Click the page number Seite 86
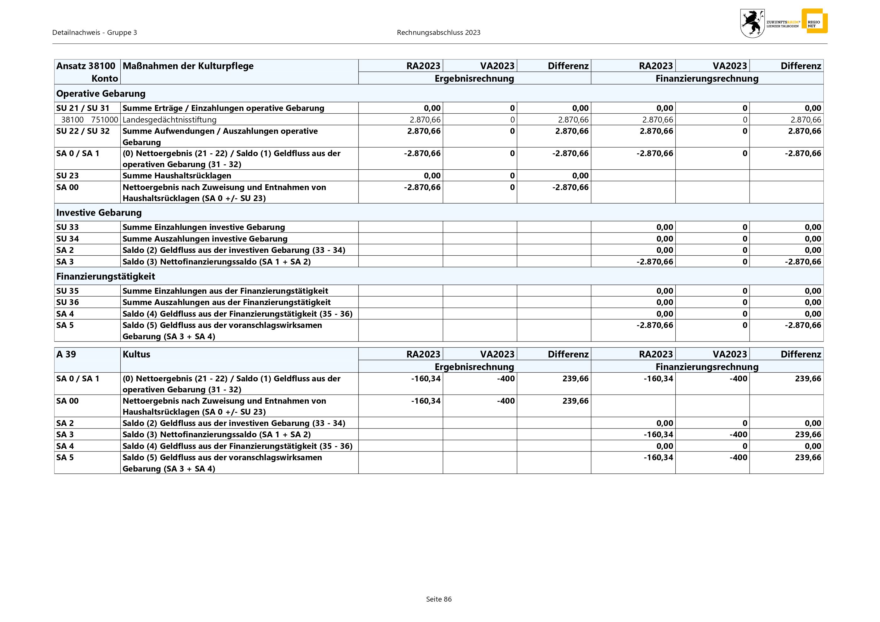[439, 599]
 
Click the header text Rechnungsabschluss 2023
[438, 33]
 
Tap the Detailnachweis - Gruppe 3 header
[95, 33]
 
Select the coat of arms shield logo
[752, 23]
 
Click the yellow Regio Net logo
[814, 21]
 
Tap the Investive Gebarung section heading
[99, 213]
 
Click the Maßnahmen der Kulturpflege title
[188, 66]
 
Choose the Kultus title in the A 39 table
[136, 354]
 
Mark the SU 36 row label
[68, 302]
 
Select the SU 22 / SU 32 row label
[83, 131]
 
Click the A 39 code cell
[66, 354]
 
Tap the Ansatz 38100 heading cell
[86, 66]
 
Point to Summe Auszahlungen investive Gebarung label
[205, 239]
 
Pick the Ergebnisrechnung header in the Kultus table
[474, 367]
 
